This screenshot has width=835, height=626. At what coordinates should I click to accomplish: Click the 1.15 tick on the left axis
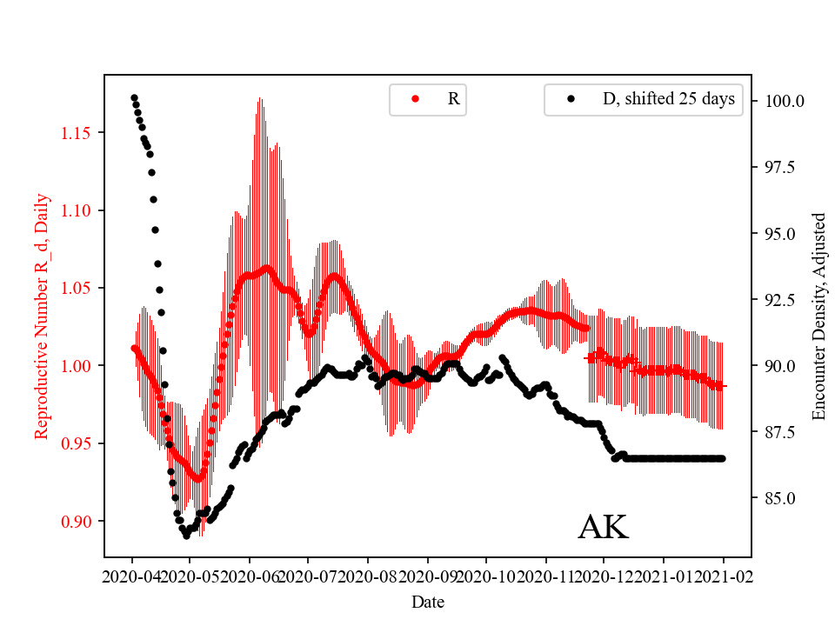tap(77, 133)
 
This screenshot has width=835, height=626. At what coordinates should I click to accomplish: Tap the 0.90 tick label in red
tap(77, 522)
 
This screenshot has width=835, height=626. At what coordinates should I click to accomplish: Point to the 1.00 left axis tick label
tap(77, 366)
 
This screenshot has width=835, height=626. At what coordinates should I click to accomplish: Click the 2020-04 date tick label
tap(132, 576)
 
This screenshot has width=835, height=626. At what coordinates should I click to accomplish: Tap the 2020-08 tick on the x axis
tap(368, 576)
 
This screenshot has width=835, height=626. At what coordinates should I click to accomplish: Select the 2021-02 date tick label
tap(724, 576)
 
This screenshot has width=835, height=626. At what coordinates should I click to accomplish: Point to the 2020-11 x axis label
tap(545, 576)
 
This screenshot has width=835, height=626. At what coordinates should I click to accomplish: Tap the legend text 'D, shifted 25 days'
tap(669, 99)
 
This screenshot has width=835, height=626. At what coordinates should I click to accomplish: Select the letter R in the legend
tap(453, 99)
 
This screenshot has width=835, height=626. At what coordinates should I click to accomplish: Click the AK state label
tap(603, 528)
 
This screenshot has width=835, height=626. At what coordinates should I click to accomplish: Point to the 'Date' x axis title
tap(428, 601)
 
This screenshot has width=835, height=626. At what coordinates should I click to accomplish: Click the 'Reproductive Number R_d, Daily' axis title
tap(41, 316)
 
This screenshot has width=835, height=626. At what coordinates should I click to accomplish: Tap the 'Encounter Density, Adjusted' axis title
tap(818, 316)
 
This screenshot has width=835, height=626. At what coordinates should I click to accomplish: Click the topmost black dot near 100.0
tap(134, 97)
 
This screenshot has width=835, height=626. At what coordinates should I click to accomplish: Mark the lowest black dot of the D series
tap(186, 536)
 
